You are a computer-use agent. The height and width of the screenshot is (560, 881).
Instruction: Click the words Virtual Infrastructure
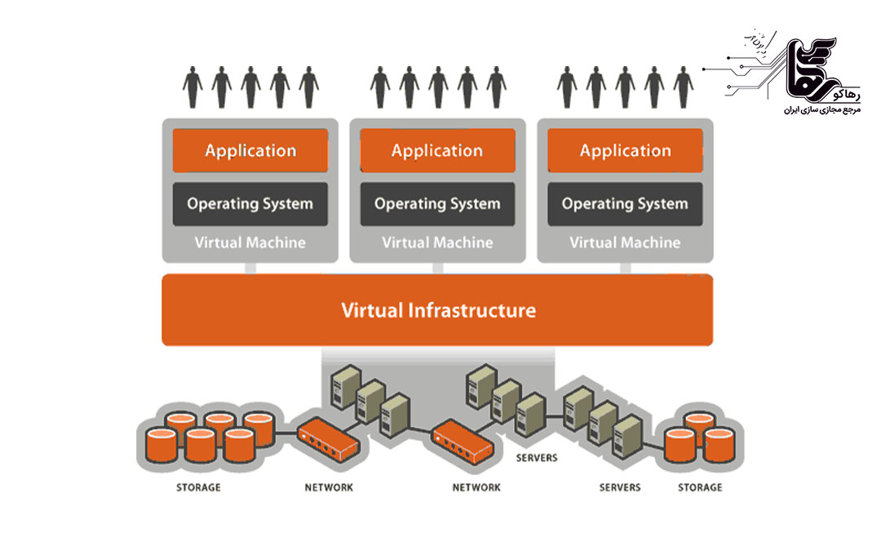[438, 310]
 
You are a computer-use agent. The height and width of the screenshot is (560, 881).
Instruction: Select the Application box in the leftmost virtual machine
[250, 150]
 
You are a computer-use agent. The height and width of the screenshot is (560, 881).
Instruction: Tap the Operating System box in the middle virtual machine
[437, 204]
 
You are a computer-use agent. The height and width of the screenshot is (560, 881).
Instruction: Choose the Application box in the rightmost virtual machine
[625, 150]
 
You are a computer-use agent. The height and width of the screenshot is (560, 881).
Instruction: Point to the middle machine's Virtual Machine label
[437, 242]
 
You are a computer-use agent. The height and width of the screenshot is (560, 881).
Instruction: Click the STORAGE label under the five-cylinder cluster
[198, 487]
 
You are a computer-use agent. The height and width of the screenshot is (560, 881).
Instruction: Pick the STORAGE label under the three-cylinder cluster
[700, 487]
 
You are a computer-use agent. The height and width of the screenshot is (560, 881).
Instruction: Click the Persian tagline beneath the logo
[817, 109]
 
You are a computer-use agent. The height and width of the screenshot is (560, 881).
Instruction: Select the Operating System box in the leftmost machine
[250, 204]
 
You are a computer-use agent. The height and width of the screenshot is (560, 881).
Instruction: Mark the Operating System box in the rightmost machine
[625, 204]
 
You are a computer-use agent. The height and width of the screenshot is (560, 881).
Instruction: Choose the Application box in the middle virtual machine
[437, 150]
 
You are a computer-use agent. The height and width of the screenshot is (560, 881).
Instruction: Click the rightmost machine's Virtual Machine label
[625, 242]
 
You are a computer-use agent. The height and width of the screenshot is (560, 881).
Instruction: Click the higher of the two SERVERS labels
[537, 458]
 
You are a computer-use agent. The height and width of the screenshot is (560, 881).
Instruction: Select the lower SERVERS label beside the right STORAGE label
[620, 487]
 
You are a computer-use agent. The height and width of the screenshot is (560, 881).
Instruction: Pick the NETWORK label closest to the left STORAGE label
[329, 487]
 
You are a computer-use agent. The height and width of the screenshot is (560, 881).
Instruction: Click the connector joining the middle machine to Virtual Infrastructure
[437, 268]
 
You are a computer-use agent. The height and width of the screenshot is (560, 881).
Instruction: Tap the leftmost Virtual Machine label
[250, 242]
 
